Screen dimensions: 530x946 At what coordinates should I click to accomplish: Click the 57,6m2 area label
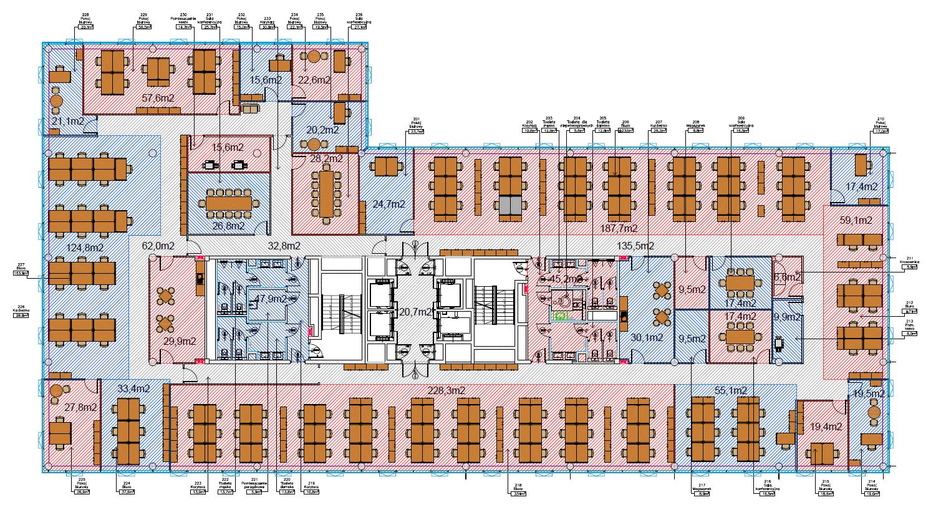click(158, 98)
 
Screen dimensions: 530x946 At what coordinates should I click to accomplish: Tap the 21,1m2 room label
click(68, 121)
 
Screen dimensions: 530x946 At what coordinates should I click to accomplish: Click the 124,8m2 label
click(84, 248)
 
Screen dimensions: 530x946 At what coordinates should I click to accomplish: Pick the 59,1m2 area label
click(856, 220)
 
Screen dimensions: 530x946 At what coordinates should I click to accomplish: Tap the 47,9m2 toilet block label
click(269, 299)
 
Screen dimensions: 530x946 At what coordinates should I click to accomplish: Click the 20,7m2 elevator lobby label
click(415, 311)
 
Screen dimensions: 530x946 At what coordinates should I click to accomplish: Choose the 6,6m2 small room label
click(787, 276)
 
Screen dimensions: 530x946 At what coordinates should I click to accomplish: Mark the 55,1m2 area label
click(731, 390)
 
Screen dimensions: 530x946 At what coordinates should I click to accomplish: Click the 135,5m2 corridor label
click(635, 246)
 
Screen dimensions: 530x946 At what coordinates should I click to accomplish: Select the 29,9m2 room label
click(180, 341)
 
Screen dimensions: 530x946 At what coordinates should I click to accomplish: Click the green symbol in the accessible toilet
click(560, 316)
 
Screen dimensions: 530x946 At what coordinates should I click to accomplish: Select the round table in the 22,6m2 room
click(313, 57)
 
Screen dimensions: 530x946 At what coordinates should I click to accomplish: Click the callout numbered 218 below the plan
click(518, 489)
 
